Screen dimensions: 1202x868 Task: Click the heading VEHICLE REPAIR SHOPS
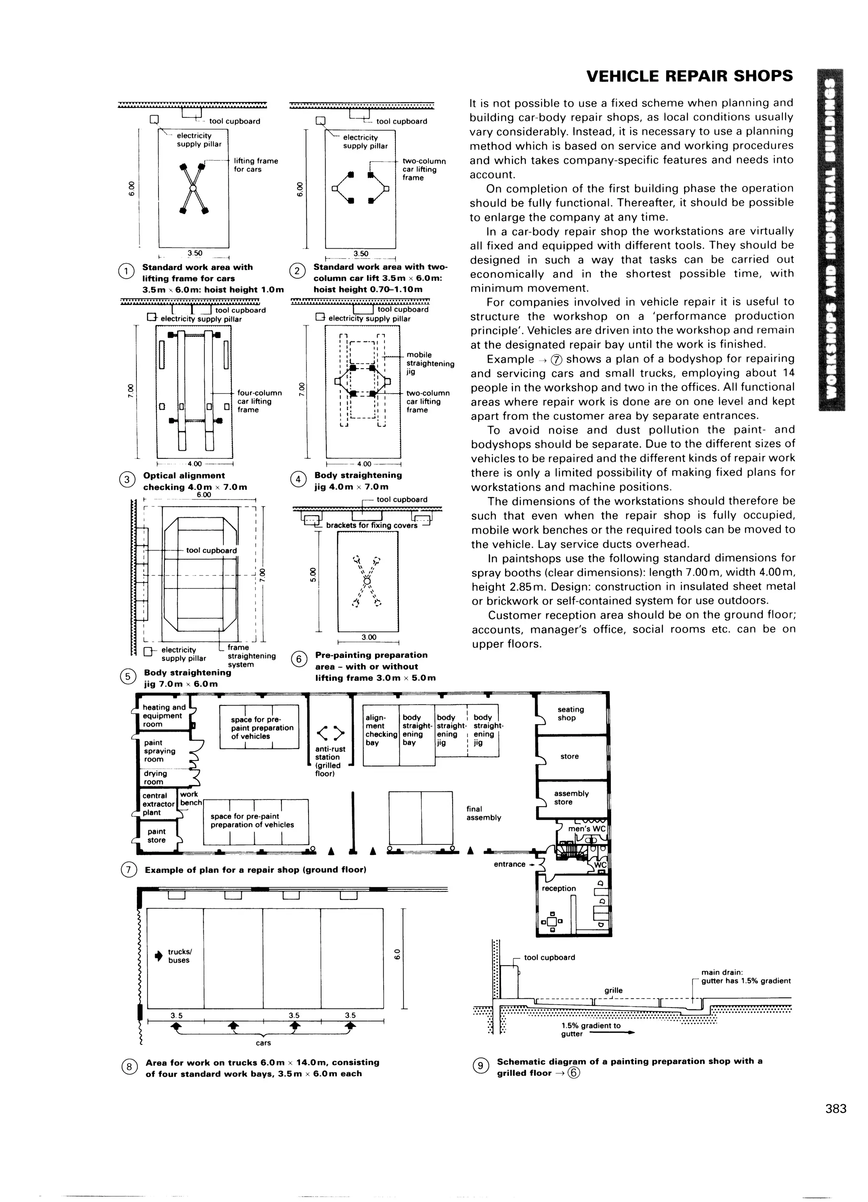pyautogui.click(x=689, y=76)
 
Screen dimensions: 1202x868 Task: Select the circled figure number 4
pyautogui.click(x=298, y=480)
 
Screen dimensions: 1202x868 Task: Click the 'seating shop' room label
pyautogui.click(x=570, y=713)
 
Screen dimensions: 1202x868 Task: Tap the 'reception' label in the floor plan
pyautogui.click(x=558, y=888)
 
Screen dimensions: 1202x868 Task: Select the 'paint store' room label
pyautogui.click(x=156, y=836)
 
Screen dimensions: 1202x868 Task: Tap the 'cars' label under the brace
pyautogui.click(x=263, y=1043)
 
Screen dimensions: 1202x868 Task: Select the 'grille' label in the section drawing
pyautogui.click(x=613, y=990)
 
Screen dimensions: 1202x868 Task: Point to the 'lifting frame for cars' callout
pyautogui.click(x=256, y=165)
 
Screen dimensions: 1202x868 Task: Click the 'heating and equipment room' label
pyautogui.click(x=164, y=716)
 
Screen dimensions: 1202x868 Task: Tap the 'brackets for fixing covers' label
pyautogui.click(x=371, y=525)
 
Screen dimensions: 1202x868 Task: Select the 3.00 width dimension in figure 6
pyautogui.click(x=368, y=637)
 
